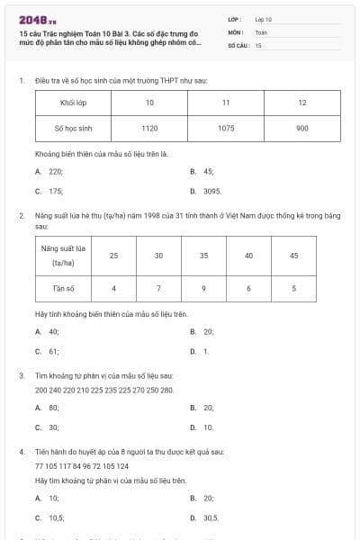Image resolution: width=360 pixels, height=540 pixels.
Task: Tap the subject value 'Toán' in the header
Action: click(261, 31)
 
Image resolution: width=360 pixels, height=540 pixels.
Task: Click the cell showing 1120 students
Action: click(149, 129)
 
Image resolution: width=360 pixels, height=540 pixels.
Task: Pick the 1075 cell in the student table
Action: click(226, 129)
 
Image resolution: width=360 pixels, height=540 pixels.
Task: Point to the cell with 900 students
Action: click(301, 129)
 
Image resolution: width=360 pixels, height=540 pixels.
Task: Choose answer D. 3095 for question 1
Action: click(207, 191)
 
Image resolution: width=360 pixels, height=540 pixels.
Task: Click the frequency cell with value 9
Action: click(204, 288)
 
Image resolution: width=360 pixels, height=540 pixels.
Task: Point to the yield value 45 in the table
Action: click(293, 256)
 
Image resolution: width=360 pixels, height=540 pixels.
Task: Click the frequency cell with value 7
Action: click(158, 288)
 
